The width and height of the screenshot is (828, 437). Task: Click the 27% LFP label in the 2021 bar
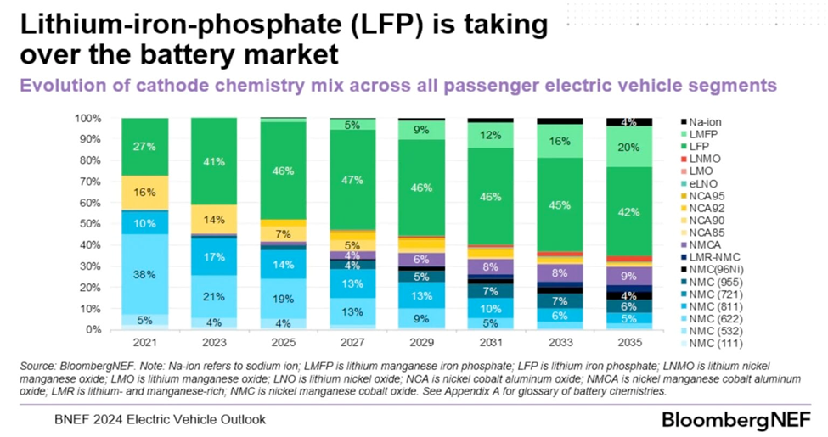coord(145,146)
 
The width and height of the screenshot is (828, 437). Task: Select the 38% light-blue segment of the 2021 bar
coord(145,274)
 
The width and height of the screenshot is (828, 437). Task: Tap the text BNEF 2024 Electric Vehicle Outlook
coord(161,419)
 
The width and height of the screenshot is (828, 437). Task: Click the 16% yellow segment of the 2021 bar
coord(145,193)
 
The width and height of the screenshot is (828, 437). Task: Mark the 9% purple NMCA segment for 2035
coord(628,275)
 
